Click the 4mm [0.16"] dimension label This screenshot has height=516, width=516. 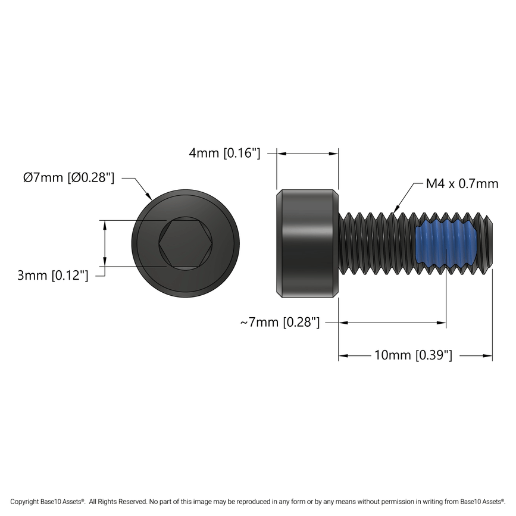[224, 154]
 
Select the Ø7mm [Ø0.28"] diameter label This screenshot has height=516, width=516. [68, 177]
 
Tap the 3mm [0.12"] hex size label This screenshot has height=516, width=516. [53, 276]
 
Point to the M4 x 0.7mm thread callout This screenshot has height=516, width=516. [462, 184]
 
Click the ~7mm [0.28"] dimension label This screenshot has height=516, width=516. [280, 323]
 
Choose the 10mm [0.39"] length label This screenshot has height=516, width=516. [413, 355]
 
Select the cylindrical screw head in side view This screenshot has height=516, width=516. [308, 244]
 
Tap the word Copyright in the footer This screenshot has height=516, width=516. [25, 502]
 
